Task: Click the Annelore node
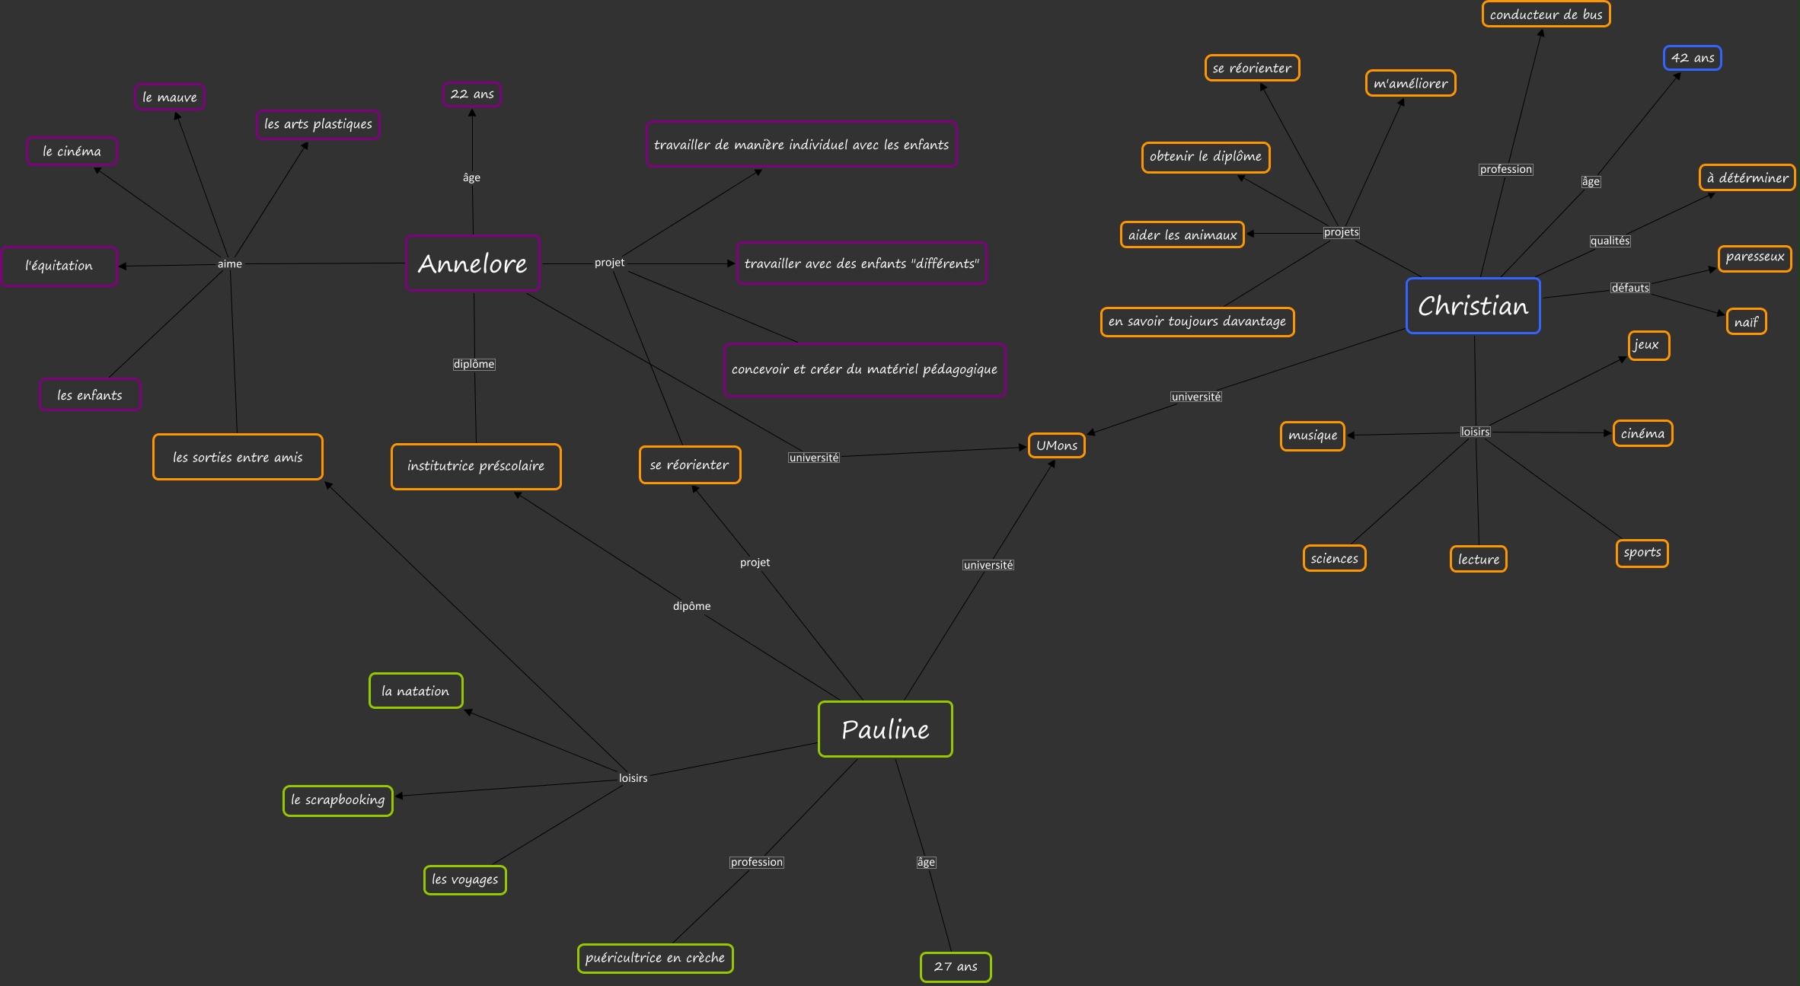pyautogui.click(x=473, y=263)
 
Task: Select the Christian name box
pyautogui.click(x=1473, y=306)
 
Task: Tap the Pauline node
pyautogui.click(x=885, y=729)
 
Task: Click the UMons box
pyautogui.click(x=1056, y=445)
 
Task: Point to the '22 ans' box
pyautogui.click(x=472, y=94)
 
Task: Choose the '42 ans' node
pyautogui.click(x=1692, y=58)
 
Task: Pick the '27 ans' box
pyautogui.click(x=956, y=967)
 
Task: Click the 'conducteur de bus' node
pyautogui.click(x=1546, y=14)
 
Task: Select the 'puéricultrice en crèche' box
pyautogui.click(x=655, y=958)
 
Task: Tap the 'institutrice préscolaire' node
pyautogui.click(x=476, y=466)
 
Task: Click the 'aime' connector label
pyautogui.click(x=230, y=264)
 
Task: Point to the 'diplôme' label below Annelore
pyautogui.click(x=474, y=364)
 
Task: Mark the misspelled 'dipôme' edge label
pyautogui.click(x=691, y=606)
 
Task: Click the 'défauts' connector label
pyautogui.click(x=1629, y=288)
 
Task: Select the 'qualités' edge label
pyautogui.click(x=1610, y=241)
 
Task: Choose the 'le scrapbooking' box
pyautogui.click(x=338, y=800)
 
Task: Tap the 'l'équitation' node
pyautogui.click(x=59, y=266)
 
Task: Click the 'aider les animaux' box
pyautogui.click(x=1182, y=235)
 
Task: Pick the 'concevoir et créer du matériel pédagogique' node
pyautogui.click(x=864, y=369)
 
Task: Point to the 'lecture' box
pyautogui.click(x=1478, y=559)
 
